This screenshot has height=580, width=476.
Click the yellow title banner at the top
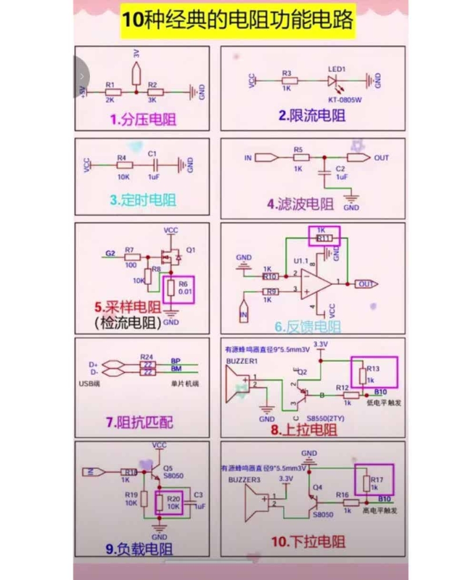point(237,20)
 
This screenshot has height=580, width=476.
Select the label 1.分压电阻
point(143,120)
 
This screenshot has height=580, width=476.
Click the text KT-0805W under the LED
point(344,99)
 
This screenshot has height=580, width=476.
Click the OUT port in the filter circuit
point(358,158)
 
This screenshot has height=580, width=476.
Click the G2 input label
point(111,253)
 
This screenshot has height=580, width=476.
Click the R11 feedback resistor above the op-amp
point(324,238)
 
